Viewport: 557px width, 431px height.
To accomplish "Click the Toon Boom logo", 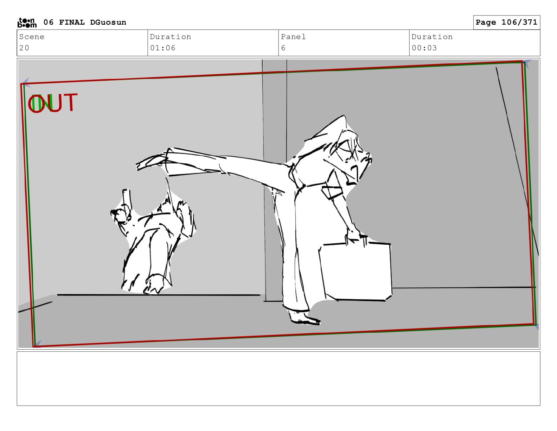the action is [27, 23].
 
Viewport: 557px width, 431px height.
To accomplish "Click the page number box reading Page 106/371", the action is [506, 22].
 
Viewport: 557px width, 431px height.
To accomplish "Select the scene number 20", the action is [24, 48].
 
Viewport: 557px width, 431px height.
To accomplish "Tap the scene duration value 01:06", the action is [163, 48].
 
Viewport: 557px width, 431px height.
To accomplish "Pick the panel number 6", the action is [283, 48].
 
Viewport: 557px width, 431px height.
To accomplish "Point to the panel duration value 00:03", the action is [424, 48].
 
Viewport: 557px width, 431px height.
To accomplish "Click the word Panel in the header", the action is [293, 37].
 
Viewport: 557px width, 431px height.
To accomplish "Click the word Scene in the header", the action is [32, 37].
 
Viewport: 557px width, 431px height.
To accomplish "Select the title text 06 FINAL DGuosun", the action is [85, 22].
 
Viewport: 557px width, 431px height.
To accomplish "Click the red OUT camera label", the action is [52, 103].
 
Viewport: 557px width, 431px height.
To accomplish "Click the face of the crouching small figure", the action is [121, 214].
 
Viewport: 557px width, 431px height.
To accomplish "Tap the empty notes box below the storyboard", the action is [278, 379].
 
